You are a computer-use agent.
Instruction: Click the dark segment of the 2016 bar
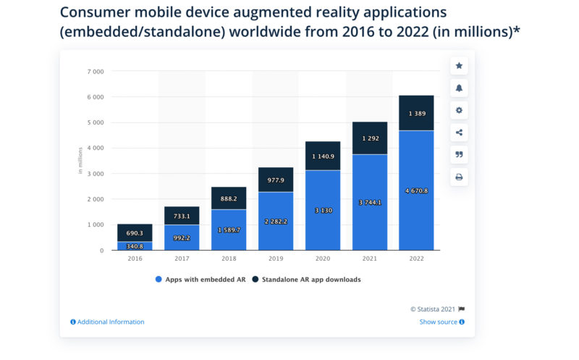pos(135,233)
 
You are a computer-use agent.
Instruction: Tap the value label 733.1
pos(182,216)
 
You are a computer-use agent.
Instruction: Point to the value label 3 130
pos(322,210)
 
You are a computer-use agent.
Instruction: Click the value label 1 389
pos(416,113)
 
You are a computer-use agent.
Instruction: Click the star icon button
pos(459,66)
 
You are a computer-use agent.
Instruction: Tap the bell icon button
pos(459,88)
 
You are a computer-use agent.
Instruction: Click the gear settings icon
pos(459,110)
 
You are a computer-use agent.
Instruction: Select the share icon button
pos(459,132)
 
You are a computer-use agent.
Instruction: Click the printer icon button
pos(459,177)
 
